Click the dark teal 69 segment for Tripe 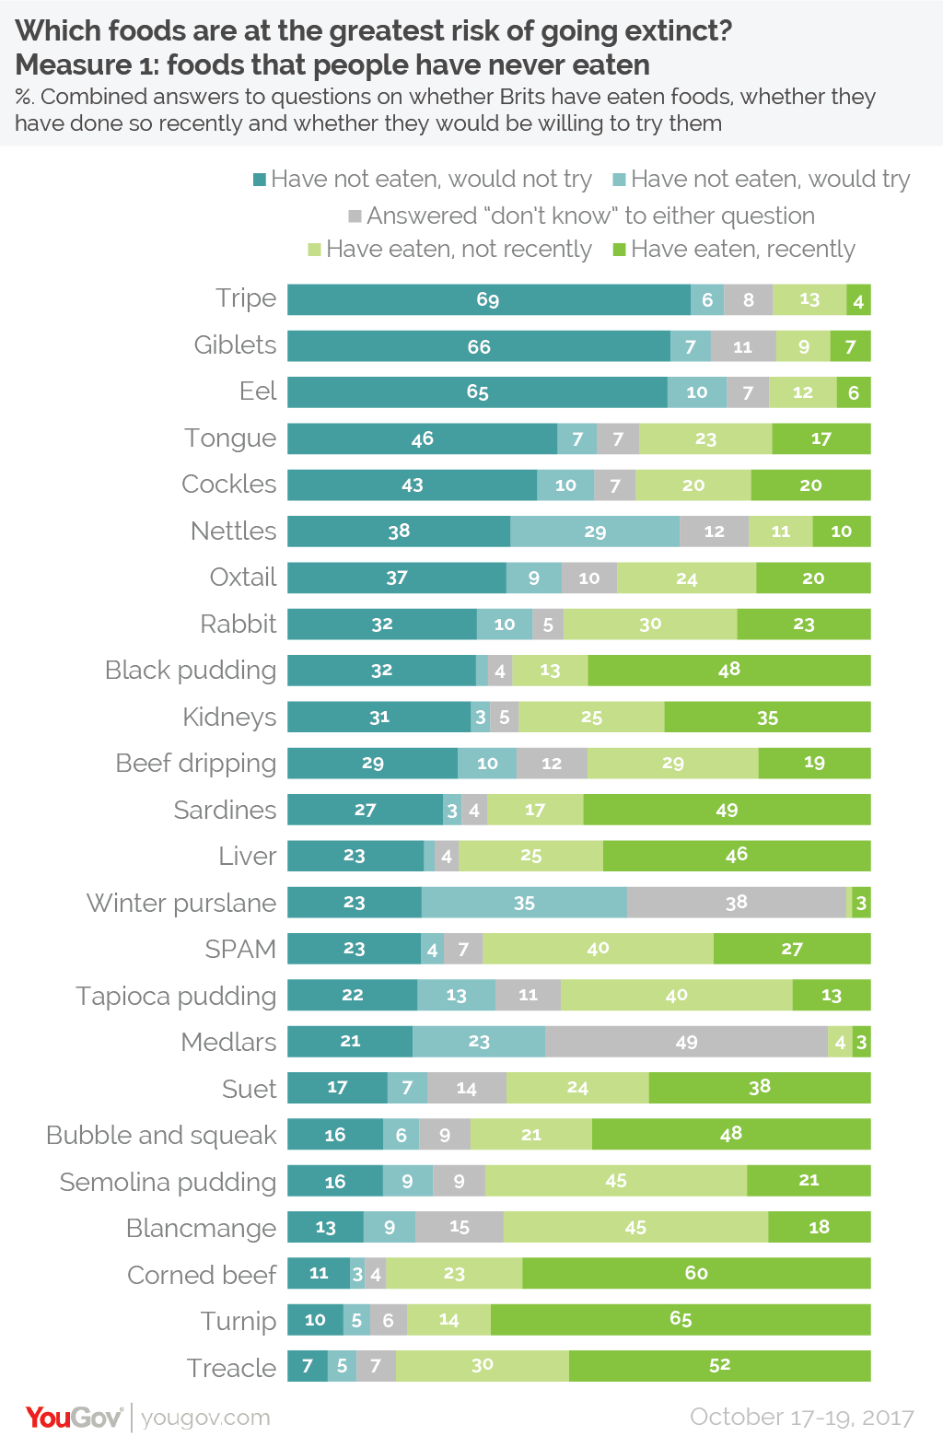coord(488,299)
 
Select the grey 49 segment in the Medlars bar coord(686,1042)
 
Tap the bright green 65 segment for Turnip coord(681,1319)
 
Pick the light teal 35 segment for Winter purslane coord(524,903)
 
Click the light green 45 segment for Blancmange coord(635,1227)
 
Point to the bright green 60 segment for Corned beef coord(696,1273)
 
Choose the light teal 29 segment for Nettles coord(595,531)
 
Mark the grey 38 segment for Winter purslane coord(736,903)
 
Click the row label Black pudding coord(191,670)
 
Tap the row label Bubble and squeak coord(161,1135)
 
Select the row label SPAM coord(240,949)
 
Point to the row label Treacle coord(231,1368)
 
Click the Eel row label coord(258,391)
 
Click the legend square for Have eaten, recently coord(620,250)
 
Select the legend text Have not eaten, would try coord(770,179)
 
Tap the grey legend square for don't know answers coord(355,216)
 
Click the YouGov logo coord(74,1417)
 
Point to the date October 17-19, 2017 coord(802,1417)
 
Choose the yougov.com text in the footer coord(205,1417)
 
